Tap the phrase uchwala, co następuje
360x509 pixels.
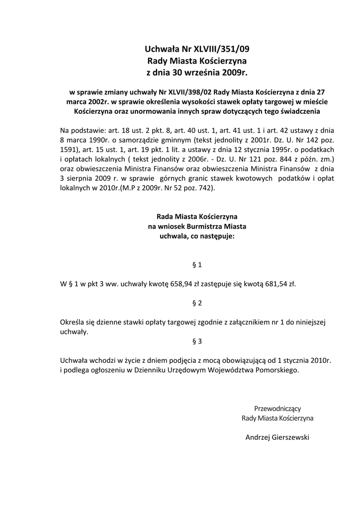(x=196, y=237)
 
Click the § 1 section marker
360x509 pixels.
(x=196, y=265)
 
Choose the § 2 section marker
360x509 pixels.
(x=196, y=303)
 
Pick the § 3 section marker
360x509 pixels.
(x=196, y=341)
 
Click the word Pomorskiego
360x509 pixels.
(x=275, y=370)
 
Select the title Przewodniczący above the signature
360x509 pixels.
(x=277, y=408)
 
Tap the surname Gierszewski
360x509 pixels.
(x=291, y=437)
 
